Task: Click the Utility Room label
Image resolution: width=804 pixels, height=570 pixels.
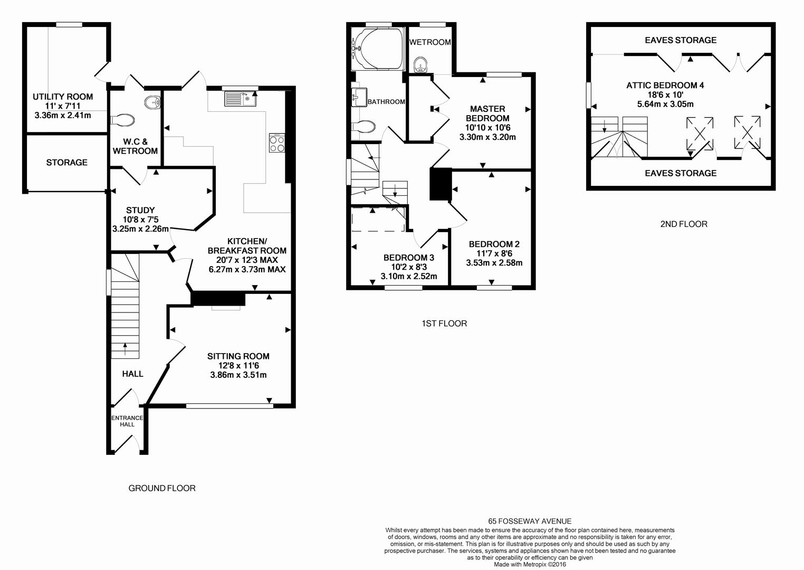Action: coord(63,97)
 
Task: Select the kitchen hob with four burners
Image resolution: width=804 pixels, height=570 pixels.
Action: coord(276,143)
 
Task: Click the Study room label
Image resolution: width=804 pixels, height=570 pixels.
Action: coord(140,210)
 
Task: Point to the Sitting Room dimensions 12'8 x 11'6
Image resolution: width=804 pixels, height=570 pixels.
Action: coord(238,366)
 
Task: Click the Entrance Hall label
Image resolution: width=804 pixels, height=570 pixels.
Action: coord(127,421)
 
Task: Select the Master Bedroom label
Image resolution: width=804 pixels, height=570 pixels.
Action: coord(487,113)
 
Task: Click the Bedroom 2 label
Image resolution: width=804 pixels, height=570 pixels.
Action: coord(494,244)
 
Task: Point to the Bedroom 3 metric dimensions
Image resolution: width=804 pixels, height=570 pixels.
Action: coord(409,276)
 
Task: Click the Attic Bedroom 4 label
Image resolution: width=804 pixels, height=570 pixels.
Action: coord(665,85)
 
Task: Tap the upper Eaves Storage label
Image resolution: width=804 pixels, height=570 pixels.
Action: coord(681,40)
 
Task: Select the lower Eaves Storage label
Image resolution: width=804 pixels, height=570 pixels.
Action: coord(681,173)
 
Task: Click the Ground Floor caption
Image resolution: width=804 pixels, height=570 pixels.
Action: coord(162,488)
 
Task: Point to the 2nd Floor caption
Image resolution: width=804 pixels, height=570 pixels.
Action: coord(684,224)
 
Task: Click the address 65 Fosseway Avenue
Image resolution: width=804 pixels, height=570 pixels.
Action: coord(530,521)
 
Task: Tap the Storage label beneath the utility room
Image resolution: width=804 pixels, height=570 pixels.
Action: coord(66,163)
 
